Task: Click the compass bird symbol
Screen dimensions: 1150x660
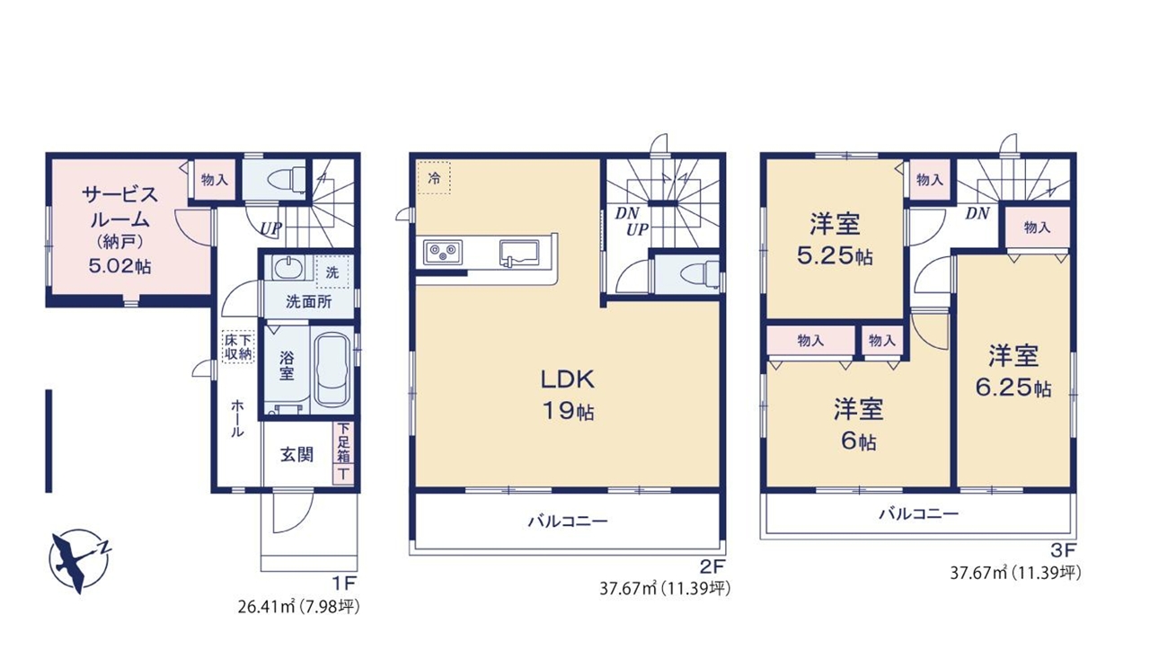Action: (78, 561)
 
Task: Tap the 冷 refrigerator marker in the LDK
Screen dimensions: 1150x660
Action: (434, 178)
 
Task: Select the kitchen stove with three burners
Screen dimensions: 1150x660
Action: (443, 253)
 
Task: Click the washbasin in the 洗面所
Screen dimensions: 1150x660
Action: (286, 267)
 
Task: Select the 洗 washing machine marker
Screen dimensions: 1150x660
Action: (332, 272)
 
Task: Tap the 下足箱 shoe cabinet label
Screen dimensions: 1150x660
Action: (343, 442)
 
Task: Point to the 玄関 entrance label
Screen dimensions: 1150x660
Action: (296, 454)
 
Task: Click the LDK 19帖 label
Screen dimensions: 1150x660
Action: (568, 395)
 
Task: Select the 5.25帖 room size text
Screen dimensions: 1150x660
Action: (835, 255)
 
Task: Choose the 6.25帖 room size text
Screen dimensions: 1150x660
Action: (1013, 388)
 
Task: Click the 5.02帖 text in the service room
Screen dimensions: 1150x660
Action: (119, 266)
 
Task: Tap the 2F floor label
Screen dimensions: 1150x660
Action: (712, 566)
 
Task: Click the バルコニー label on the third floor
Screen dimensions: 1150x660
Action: (918, 513)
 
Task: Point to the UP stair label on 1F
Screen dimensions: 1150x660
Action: (270, 228)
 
